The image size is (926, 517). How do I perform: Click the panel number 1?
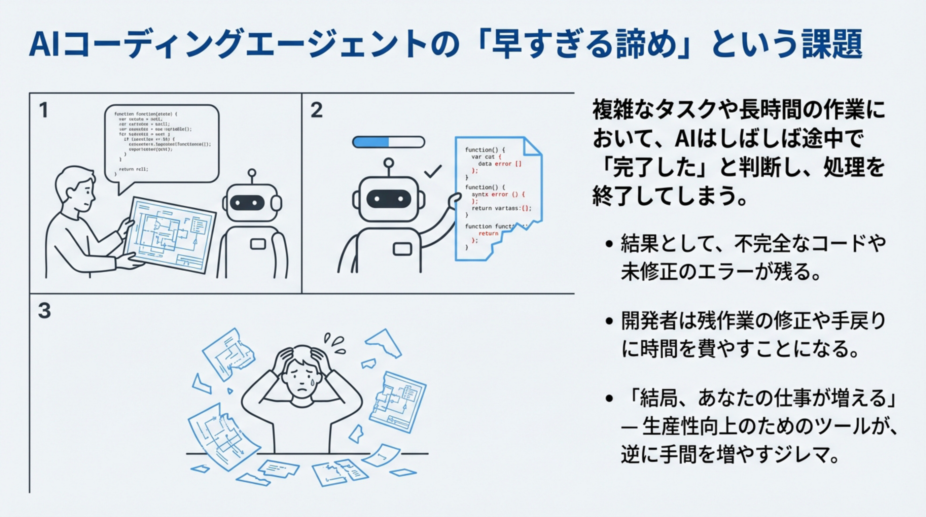point(43,110)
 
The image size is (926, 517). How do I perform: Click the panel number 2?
point(316,110)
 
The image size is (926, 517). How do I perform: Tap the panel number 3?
point(44,311)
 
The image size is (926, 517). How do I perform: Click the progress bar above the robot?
point(388,142)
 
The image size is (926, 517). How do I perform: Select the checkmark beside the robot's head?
point(433,172)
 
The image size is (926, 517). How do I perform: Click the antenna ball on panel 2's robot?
point(388,163)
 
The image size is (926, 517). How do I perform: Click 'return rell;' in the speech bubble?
point(133,169)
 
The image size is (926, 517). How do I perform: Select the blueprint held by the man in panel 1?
point(169,234)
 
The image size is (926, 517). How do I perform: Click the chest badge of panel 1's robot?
point(258,244)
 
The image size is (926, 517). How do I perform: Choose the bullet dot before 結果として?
point(609,244)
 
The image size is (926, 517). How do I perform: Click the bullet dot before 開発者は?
point(609,321)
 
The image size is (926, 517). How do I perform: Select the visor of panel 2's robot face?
point(388,199)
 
